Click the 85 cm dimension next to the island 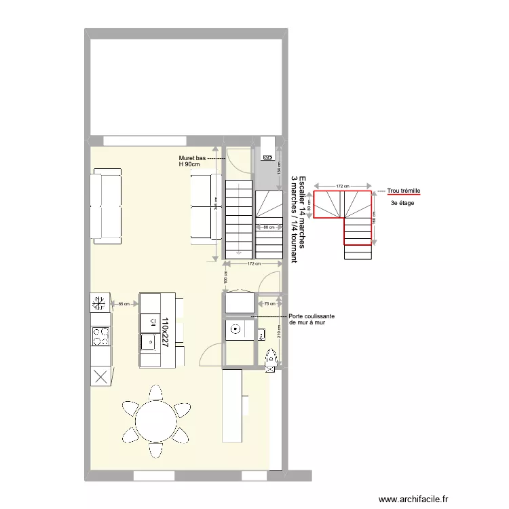click(x=124, y=304)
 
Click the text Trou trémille click(x=404, y=191)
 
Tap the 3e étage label click(x=402, y=203)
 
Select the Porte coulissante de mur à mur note click(x=311, y=319)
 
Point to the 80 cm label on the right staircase click(x=269, y=227)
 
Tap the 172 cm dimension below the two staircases click(x=254, y=264)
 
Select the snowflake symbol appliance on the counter click(x=100, y=303)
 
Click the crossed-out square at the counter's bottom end click(x=100, y=376)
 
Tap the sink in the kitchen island click(x=148, y=342)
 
